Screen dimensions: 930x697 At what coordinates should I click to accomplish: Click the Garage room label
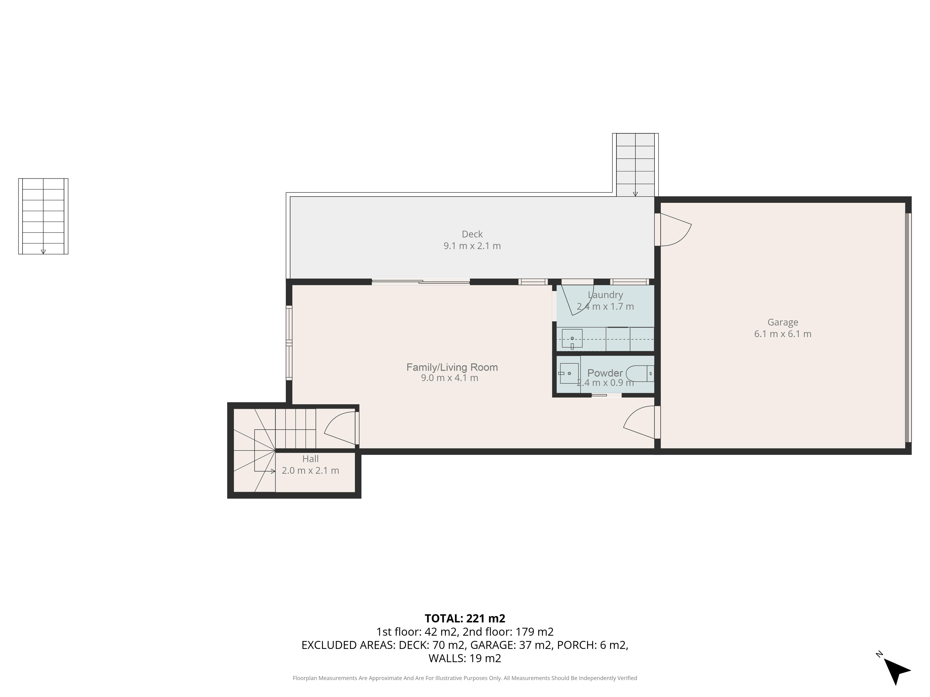pos(782,322)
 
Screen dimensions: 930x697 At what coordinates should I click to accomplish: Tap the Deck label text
pos(472,234)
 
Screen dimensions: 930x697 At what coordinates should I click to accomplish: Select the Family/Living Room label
pos(452,367)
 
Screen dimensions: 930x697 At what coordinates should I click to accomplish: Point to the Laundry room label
pos(605,295)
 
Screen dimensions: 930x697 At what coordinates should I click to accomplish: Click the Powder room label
pos(605,373)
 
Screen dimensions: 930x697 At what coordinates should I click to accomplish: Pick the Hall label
pos(310,459)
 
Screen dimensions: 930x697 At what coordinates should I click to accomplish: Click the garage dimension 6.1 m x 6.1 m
pos(782,334)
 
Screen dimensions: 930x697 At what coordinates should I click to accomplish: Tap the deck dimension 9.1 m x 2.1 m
pos(472,246)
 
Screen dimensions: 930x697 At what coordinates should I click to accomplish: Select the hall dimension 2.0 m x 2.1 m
pos(310,470)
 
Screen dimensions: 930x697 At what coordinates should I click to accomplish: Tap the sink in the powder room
pos(569,373)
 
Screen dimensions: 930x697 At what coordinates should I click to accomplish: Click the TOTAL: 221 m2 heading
pos(465,618)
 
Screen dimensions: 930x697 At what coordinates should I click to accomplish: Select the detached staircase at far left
pos(43,216)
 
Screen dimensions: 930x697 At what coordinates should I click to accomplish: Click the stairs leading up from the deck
pos(635,165)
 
